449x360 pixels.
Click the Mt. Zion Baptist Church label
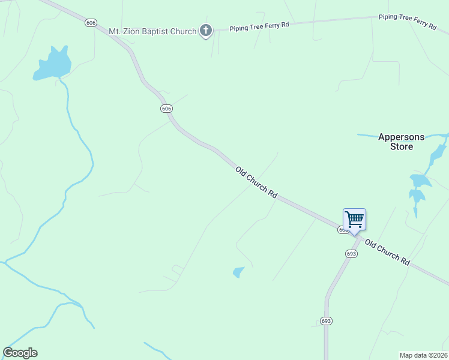point(152,31)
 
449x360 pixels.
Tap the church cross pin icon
point(205,31)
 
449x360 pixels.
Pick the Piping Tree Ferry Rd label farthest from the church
point(407,21)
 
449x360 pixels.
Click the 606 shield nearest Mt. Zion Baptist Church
point(91,23)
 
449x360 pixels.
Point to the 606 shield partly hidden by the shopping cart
point(342,230)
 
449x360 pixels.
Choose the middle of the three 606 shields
point(166,109)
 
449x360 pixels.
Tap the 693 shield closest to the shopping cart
point(351,254)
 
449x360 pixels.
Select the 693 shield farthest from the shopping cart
point(326,321)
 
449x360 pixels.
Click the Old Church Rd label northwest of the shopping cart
point(256,182)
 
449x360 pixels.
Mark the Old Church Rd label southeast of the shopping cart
point(387,253)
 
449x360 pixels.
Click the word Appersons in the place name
point(401,137)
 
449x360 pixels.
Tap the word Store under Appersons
point(401,146)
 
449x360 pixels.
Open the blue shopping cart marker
point(354,220)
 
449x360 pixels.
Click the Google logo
point(20,353)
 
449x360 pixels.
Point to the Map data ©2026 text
point(424,355)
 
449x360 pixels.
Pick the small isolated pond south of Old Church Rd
point(239,272)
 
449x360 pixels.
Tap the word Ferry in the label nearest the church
point(268,25)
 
